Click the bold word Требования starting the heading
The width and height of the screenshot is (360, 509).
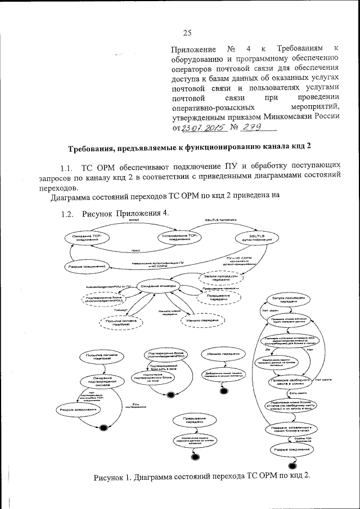point(93,148)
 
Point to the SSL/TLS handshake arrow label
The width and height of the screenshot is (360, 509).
point(220,218)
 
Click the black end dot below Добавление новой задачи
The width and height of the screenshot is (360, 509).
point(224,391)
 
